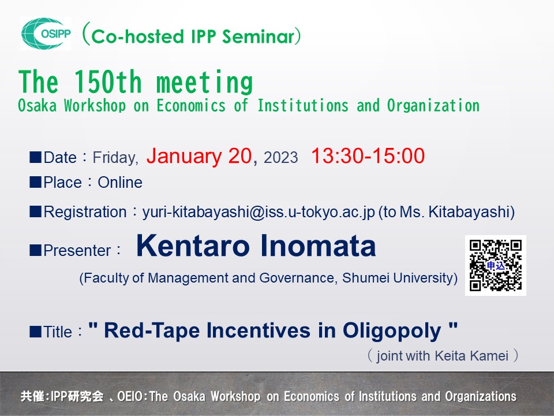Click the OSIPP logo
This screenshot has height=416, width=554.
46,34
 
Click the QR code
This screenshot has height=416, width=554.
495,265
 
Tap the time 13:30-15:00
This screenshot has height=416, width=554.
368,157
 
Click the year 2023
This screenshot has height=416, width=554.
280,158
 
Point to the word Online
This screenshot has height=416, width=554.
120,183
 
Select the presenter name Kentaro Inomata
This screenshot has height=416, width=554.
256,247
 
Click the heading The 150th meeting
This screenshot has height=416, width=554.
136,83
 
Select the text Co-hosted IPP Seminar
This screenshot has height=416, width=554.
193,37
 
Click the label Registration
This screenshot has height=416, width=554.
85,212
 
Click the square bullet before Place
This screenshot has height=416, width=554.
35,183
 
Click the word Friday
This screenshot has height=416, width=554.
115,158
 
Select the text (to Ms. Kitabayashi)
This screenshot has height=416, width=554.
446,212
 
